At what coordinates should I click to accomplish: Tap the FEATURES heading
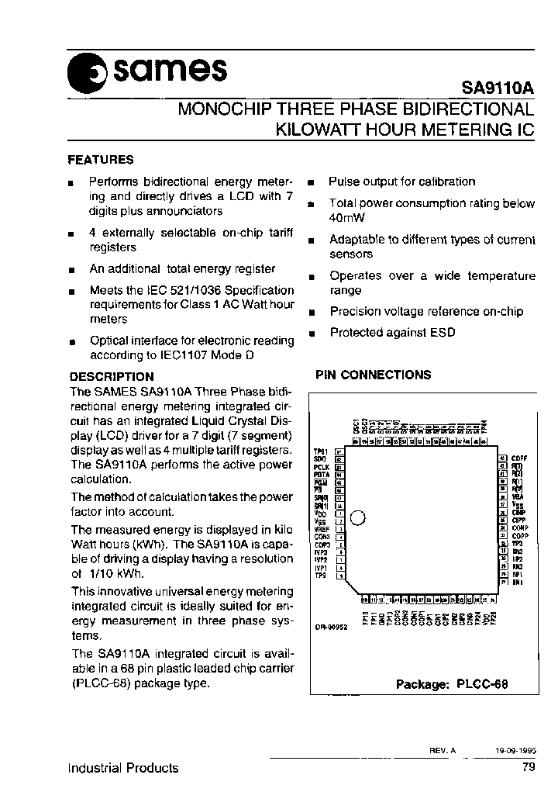click(x=101, y=160)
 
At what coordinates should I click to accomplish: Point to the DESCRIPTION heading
click(x=112, y=377)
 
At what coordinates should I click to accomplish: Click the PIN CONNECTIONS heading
click(x=373, y=375)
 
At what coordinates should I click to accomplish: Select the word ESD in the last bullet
click(x=443, y=332)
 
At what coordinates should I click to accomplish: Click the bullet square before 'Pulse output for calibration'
click(x=311, y=183)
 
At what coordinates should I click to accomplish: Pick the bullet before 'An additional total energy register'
click(x=71, y=270)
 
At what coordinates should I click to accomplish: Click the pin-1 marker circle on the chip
click(x=358, y=517)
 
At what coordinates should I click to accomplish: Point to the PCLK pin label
click(x=322, y=468)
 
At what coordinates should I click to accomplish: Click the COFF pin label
click(x=519, y=458)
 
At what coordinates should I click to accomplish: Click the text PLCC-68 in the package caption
click(x=484, y=684)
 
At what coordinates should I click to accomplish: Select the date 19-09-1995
click(x=516, y=751)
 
